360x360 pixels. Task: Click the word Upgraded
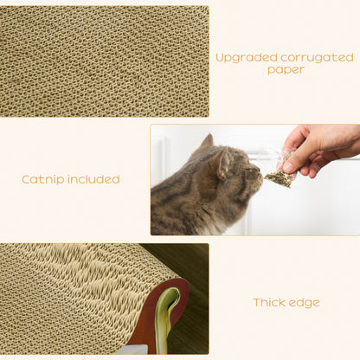(x=243, y=58)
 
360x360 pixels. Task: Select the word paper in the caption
(x=285, y=70)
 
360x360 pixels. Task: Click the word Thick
(x=269, y=303)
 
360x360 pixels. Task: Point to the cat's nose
(x=259, y=172)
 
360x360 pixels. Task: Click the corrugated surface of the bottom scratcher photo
(x=78, y=294)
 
